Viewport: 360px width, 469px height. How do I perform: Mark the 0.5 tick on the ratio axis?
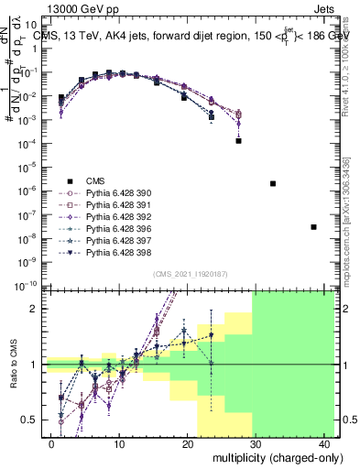tap(34, 420)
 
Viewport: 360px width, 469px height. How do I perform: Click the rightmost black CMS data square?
tap(313, 226)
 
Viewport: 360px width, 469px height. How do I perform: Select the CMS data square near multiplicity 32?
tap(273, 183)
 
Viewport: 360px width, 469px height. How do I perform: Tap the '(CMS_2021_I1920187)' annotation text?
tap(191, 274)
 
